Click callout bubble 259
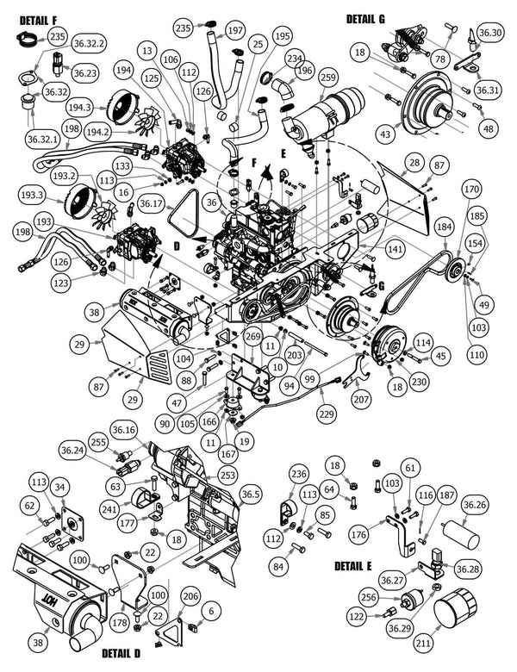pyautogui.click(x=327, y=78)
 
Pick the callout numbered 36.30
pyautogui.click(x=489, y=33)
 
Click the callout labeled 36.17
pyautogui.click(x=151, y=204)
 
